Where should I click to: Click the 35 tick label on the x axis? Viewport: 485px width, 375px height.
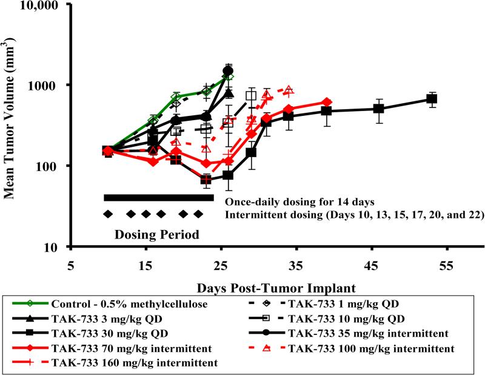(296, 266)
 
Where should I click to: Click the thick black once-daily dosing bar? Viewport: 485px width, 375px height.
(159, 198)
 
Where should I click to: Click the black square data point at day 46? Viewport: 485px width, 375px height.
(379, 109)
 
